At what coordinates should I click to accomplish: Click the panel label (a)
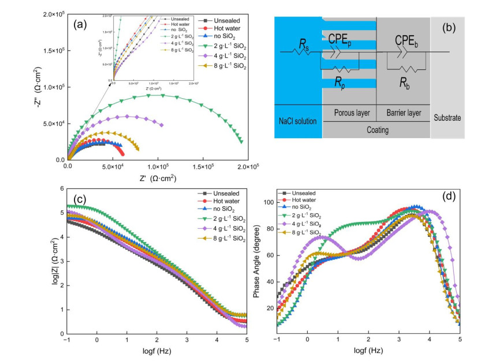(x=83, y=25)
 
